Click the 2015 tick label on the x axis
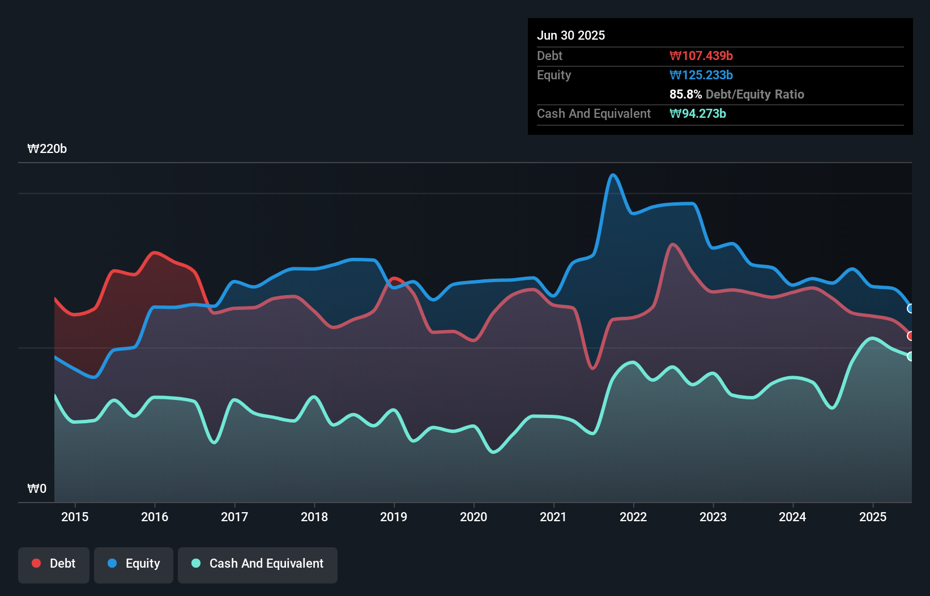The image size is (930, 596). coord(75,517)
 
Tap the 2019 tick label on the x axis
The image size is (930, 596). coord(394,517)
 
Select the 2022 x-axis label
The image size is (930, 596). coord(633,517)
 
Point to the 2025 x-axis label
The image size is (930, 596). coord(873,517)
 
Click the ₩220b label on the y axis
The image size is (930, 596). coord(47,149)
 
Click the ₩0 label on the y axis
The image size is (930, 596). coord(37,488)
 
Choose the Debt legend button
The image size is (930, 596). coord(54,564)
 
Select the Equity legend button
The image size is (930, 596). coord(134,564)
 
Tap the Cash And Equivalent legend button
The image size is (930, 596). coord(258,564)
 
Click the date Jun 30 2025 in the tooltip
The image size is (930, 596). coord(571,35)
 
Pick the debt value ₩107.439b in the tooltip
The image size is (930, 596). coord(701,56)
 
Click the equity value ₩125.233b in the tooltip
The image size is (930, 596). coord(701,75)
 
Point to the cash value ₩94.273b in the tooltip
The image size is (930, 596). coord(698,113)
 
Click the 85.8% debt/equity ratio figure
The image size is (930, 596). coord(685,94)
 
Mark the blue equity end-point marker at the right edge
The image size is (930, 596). coord(911,309)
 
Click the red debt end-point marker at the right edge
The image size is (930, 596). coord(911,336)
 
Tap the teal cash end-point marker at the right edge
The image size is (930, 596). coord(911,356)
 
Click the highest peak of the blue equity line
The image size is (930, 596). coord(613,174)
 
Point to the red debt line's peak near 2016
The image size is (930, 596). coord(154,252)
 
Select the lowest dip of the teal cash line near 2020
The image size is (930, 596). coord(493,452)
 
